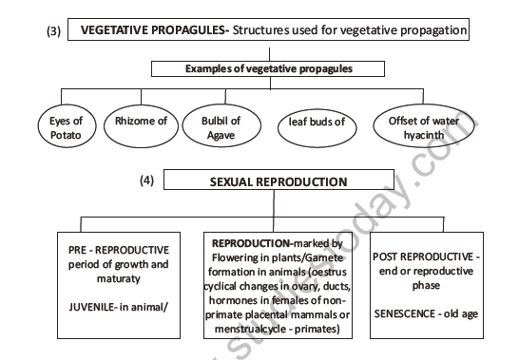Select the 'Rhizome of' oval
pos(140,122)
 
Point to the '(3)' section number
pos(54,31)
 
